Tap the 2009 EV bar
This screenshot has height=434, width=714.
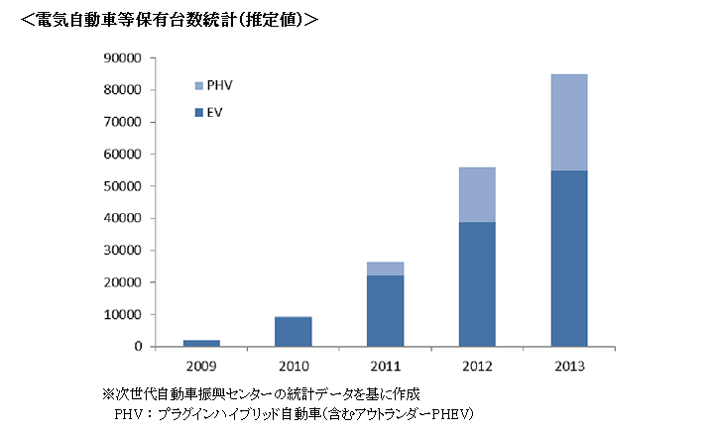201,343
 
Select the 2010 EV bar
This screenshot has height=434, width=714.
293,332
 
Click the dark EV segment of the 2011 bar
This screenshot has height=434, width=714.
385,311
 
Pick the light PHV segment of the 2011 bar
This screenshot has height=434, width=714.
385,269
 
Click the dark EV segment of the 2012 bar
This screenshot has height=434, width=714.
477,284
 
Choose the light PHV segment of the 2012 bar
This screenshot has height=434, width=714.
477,194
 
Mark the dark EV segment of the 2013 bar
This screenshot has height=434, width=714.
568,259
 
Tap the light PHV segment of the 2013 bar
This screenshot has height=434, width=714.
568,122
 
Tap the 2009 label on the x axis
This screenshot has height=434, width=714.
201,365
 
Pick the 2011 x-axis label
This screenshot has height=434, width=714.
385,365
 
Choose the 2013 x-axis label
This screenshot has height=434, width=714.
568,365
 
